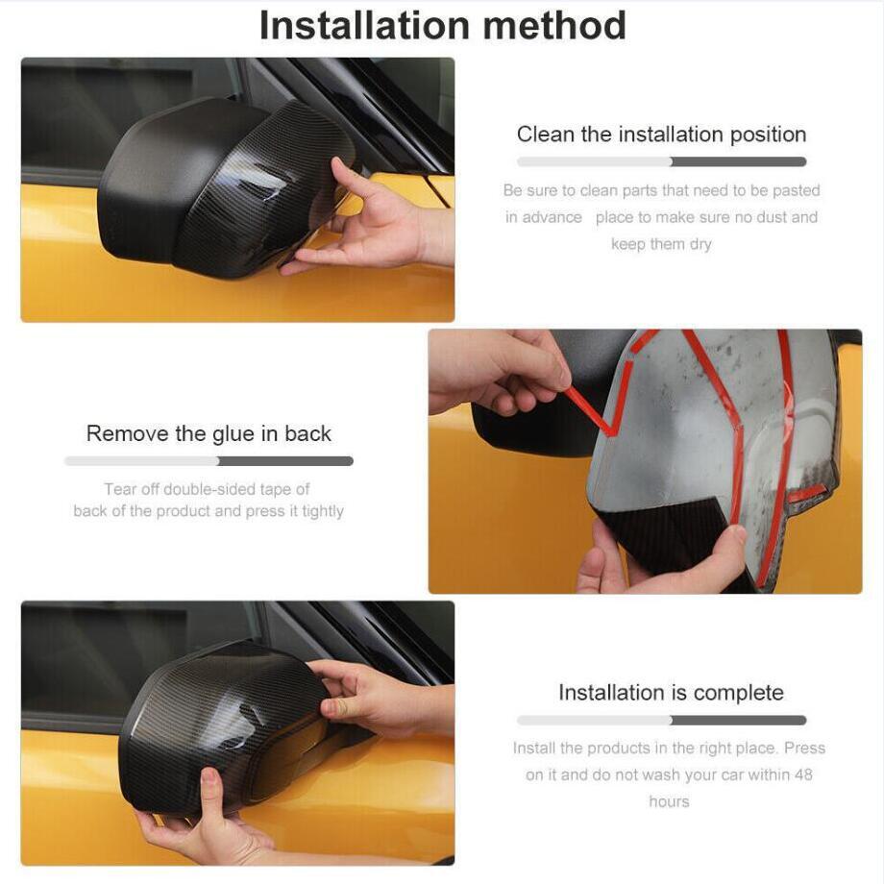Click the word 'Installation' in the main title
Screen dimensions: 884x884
365,26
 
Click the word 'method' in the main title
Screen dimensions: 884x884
554,26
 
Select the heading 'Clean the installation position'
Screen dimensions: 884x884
661,135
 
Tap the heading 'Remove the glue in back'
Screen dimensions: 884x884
209,433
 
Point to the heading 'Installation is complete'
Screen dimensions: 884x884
671,693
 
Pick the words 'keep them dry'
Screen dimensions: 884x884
661,244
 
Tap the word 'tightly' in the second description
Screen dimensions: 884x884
323,511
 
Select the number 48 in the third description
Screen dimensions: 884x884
803,774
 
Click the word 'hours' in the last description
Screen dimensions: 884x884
669,801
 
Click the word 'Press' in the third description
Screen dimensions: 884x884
804,748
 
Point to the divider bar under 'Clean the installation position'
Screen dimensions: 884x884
661,161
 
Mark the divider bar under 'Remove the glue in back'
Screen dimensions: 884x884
209,461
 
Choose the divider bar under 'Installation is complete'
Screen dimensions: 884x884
661,720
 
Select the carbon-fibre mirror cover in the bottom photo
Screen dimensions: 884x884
226,727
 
